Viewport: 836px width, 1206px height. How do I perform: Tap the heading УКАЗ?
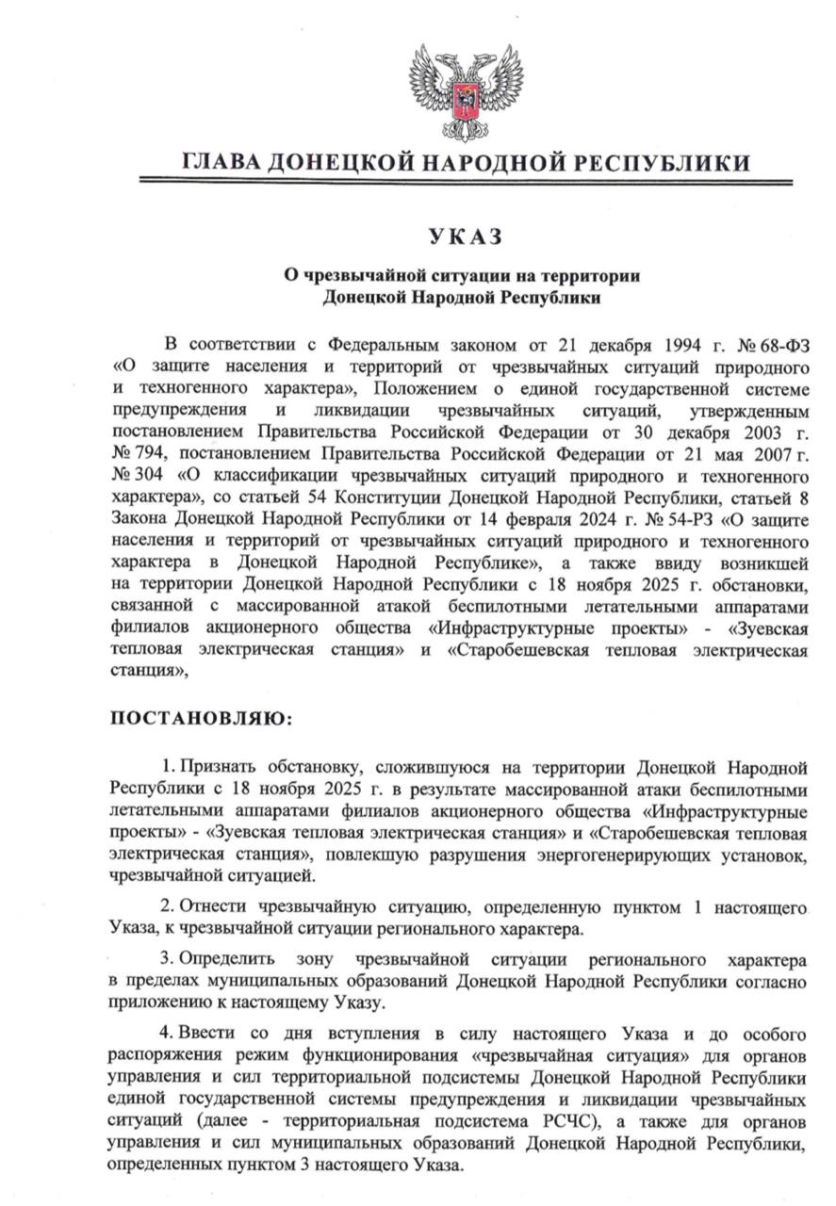click(462, 236)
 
